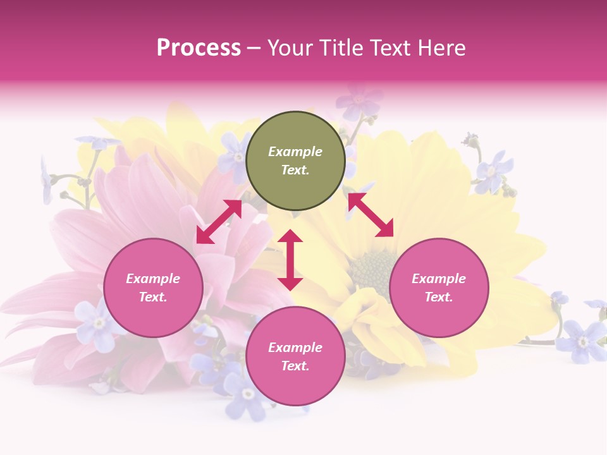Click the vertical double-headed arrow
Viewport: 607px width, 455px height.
[290, 260]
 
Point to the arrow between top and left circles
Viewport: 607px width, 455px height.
[219, 222]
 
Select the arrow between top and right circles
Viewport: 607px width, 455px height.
[371, 215]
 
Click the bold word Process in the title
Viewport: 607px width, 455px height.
[199, 48]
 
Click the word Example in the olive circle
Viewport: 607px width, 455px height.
[295, 152]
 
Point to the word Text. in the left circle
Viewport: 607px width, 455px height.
[153, 297]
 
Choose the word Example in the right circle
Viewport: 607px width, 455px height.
[439, 279]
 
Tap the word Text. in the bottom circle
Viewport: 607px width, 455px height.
[295, 366]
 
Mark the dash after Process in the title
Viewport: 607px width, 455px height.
[254, 48]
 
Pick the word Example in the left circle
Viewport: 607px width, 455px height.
[153, 279]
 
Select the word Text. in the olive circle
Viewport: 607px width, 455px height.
[295, 170]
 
